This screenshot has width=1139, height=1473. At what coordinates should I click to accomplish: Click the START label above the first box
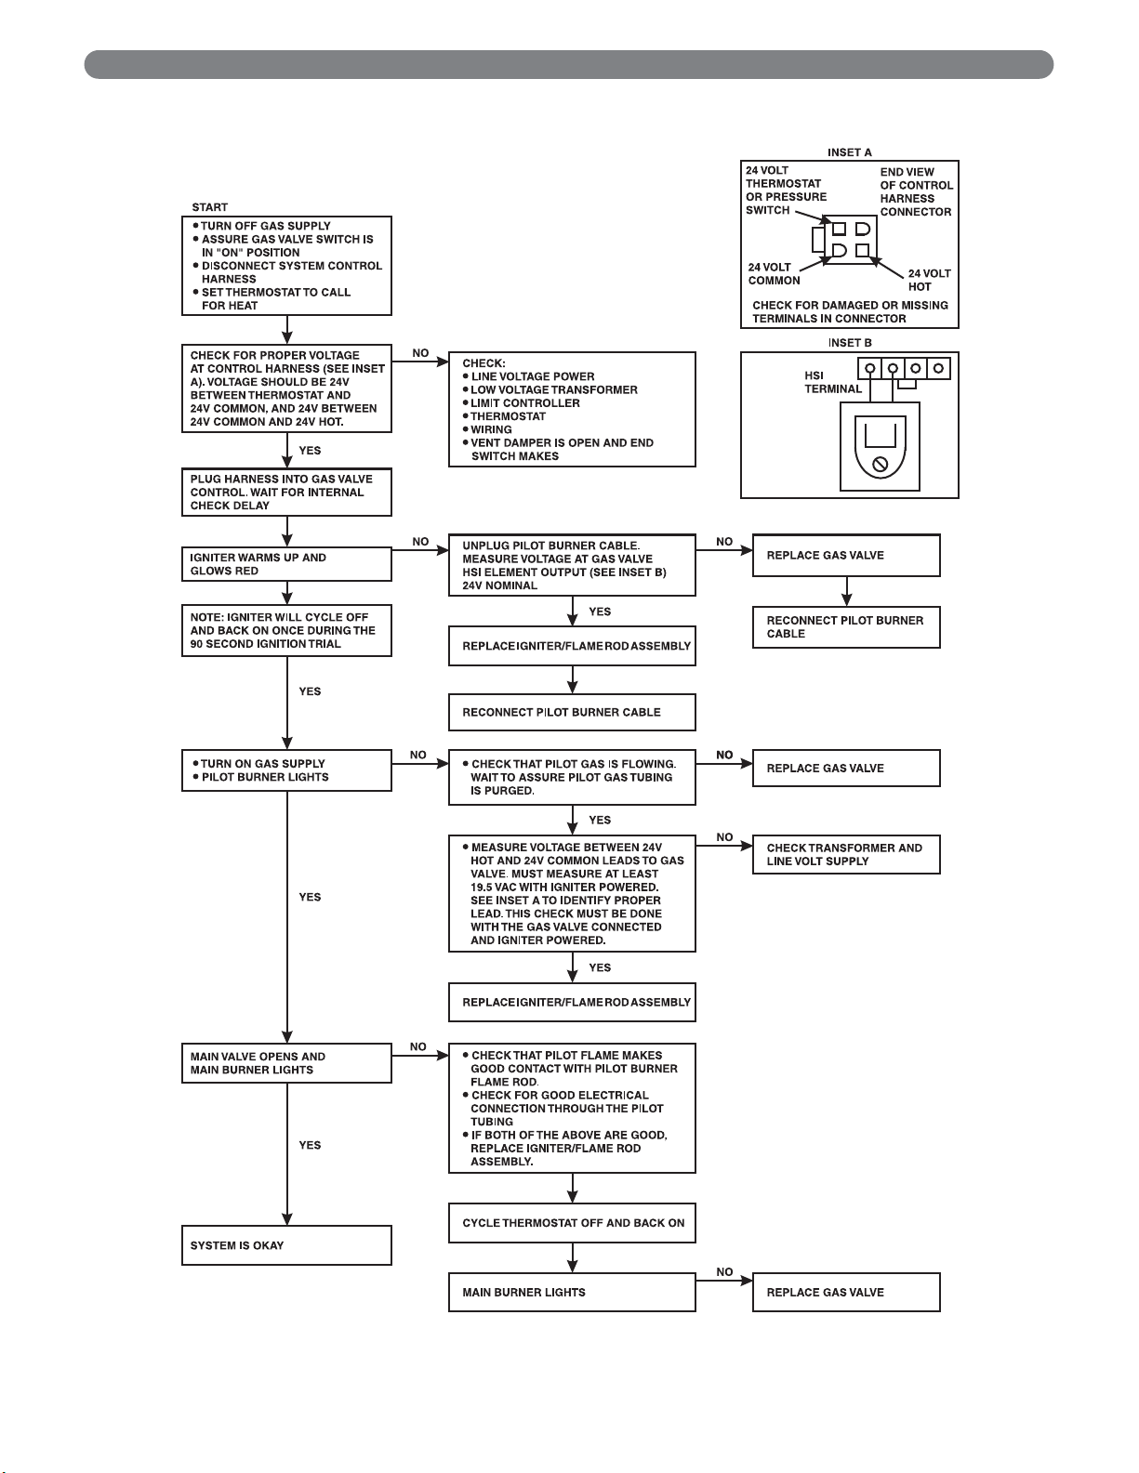pos(209,206)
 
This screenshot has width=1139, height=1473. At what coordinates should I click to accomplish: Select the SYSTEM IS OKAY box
pos(286,1245)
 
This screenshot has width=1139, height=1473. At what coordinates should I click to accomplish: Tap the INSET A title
pos(850,152)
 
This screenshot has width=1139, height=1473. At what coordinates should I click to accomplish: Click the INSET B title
pos(850,343)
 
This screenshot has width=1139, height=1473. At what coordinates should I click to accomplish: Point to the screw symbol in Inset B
pos(880,465)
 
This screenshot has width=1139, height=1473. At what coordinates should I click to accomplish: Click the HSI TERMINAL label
pos(833,382)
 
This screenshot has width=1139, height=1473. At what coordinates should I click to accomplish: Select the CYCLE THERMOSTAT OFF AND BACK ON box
pos(572,1223)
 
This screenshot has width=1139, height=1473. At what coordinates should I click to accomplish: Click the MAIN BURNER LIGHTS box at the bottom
pos(572,1292)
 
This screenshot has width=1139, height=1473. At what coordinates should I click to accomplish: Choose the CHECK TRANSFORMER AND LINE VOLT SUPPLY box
pos(846,854)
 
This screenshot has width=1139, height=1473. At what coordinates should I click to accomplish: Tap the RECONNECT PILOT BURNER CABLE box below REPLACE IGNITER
pos(572,713)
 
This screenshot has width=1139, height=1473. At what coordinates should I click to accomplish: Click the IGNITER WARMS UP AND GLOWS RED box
pos(286,564)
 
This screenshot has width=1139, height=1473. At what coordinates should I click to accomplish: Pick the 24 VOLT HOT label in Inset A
pos(930,280)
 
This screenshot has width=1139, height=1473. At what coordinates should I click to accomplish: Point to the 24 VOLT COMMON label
pos(775,274)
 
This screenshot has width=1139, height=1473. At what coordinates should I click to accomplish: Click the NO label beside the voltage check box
pos(420,353)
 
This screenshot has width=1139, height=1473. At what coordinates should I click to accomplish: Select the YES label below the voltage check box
pos(310,450)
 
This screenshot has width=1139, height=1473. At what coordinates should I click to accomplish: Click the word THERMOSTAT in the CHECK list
pos(508,416)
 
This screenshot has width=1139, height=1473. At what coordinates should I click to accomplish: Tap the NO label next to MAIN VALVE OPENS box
pos(417,1046)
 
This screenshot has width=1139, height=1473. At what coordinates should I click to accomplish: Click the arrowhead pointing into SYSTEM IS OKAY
pos(286,1218)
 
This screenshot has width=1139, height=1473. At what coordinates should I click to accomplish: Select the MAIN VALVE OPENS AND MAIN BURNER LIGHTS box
pos(286,1063)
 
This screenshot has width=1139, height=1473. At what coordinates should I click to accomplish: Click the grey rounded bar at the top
pos(569,64)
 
